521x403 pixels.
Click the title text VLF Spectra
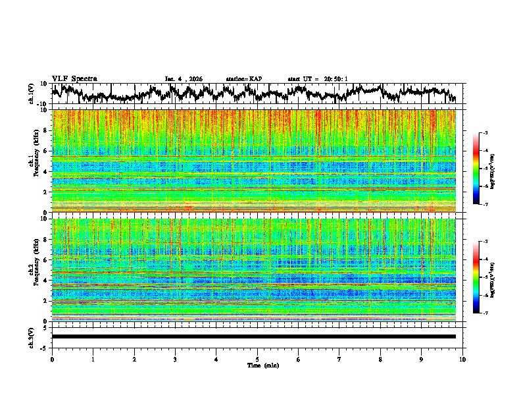pyautogui.click(x=74, y=79)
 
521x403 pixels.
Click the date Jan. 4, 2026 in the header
pyautogui.click(x=184, y=79)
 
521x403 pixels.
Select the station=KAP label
pyautogui.click(x=244, y=79)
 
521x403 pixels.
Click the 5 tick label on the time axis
pyautogui.click(x=257, y=359)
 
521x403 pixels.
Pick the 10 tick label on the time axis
pyautogui.click(x=463, y=359)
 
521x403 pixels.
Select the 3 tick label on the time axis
pyautogui.click(x=175, y=359)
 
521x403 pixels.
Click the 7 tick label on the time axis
pyautogui.click(x=339, y=359)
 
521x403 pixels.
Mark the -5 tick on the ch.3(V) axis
pyautogui.click(x=44, y=346)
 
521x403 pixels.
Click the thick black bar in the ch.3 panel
pyautogui.click(x=254, y=336)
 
